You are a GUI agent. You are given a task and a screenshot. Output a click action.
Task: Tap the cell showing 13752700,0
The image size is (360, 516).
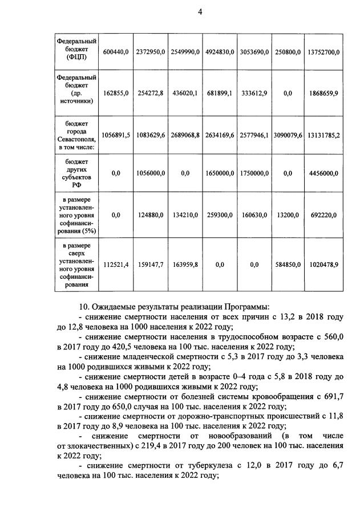click(322, 52)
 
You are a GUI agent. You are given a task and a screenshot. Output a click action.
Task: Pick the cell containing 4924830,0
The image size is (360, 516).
click(220, 52)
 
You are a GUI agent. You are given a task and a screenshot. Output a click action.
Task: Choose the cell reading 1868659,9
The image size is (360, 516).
click(322, 92)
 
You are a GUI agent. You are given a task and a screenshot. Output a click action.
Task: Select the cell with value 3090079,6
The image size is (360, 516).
click(288, 135)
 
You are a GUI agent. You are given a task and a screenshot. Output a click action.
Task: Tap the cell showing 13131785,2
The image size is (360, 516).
click(322, 135)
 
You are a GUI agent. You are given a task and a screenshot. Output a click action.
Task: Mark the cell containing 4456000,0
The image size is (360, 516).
click(322, 173)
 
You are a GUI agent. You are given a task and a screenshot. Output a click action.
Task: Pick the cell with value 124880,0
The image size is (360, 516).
click(151, 215)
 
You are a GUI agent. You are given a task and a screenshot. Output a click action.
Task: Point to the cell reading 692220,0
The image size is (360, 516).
click(322, 215)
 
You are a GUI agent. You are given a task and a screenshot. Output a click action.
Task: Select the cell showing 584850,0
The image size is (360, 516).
click(288, 265)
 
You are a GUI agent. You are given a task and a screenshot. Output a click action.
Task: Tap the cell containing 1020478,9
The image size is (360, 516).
click(322, 265)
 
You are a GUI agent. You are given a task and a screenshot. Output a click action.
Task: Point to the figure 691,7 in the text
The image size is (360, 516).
click(331, 396)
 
